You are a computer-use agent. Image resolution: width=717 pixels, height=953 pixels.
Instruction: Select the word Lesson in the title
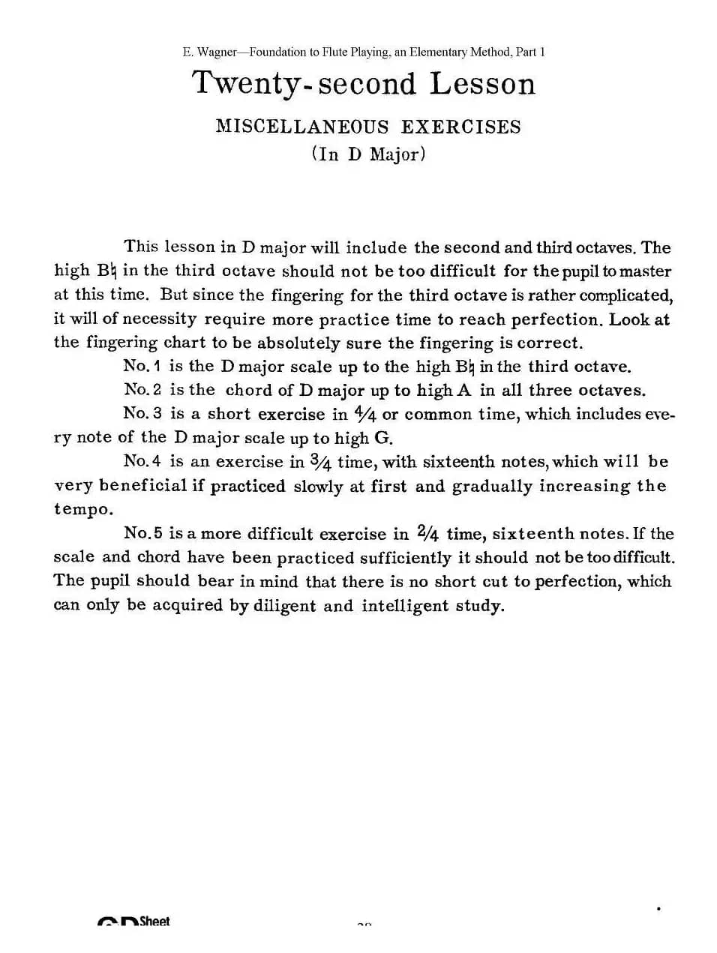click(482, 83)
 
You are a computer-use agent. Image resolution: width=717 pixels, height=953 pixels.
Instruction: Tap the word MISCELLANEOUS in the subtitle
click(302, 126)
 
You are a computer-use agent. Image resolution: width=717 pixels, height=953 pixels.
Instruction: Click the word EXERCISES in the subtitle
click(460, 126)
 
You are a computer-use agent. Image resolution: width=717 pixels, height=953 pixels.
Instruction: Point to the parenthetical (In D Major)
click(368, 154)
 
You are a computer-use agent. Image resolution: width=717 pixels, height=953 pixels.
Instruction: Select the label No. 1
click(142, 366)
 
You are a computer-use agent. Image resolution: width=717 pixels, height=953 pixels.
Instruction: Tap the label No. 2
click(142, 389)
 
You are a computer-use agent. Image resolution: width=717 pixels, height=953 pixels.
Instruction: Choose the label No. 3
click(142, 413)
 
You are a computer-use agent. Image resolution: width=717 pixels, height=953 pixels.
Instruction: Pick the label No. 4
click(142, 460)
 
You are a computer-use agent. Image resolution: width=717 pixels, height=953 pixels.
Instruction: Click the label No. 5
click(143, 533)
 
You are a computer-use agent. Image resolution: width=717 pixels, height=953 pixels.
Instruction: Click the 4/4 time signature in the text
click(366, 413)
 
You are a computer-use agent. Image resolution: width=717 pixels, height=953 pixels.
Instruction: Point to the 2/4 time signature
click(427, 533)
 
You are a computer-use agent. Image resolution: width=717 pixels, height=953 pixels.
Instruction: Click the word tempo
click(83, 509)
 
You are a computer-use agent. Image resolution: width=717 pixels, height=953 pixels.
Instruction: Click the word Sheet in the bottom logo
click(154, 921)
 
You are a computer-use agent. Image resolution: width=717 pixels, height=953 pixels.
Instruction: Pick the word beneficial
click(142, 485)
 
